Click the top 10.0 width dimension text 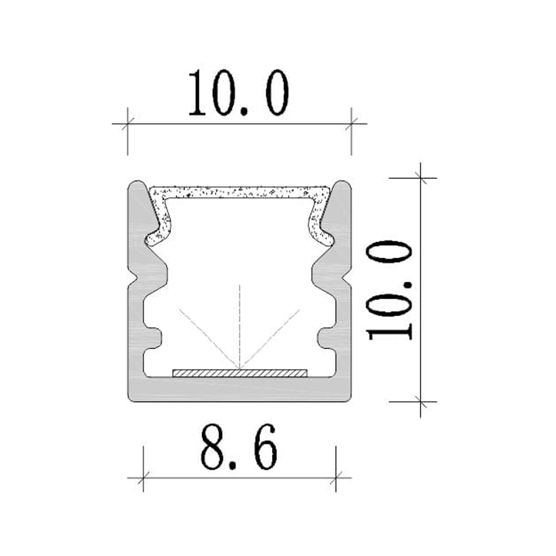(x=239, y=93)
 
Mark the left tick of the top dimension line (x=127, y=124)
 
